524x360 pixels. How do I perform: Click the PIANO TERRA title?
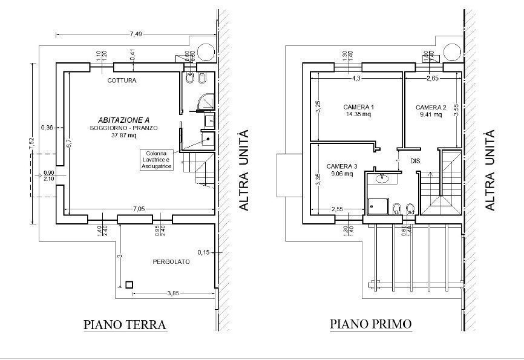coord(125,325)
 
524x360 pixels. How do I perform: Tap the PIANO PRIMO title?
coord(371,324)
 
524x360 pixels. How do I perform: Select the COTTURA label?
coord(122,80)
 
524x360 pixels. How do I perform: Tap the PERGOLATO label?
coord(171,262)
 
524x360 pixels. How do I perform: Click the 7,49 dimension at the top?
coord(136,34)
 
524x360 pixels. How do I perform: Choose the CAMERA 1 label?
coord(358,107)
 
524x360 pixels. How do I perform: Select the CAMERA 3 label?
coord(342,166)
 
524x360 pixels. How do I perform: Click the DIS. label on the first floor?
coord(416,161)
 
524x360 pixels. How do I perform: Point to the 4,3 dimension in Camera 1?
coord(356,78)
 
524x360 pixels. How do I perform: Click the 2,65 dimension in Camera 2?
coord(433,78)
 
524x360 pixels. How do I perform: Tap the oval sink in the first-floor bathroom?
coord(382,178)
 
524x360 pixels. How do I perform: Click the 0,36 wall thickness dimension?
coord(47,127)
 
